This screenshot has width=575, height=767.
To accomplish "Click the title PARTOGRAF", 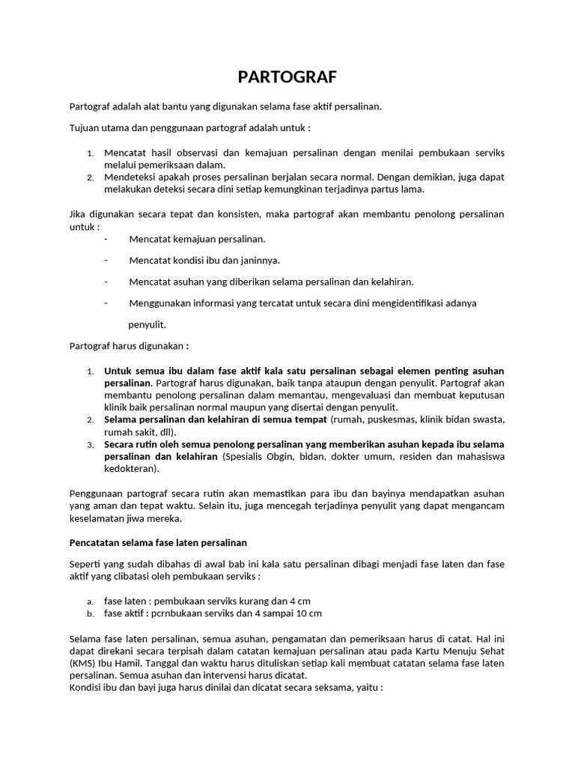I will coord(287,77).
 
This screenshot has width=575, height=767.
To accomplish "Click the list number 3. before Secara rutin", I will coord(90,444).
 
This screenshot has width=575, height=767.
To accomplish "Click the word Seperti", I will coord(85,566).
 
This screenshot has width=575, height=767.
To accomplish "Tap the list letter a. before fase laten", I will coord(90,601).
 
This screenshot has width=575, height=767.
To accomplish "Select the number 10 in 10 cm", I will coord(300,613).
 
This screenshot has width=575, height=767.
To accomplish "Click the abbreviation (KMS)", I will coord(82,662).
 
